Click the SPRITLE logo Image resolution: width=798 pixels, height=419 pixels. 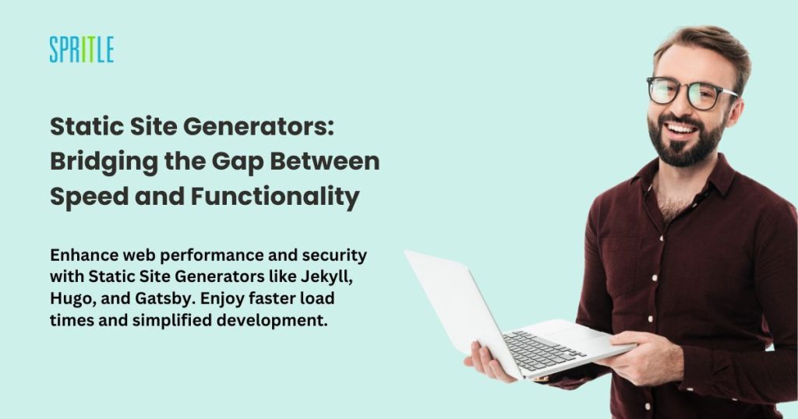(81, 50)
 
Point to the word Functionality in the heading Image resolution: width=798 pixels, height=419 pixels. (275, 197)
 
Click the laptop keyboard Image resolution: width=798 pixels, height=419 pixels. (544, 350)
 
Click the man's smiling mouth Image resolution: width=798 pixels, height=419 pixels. (681, 130)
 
